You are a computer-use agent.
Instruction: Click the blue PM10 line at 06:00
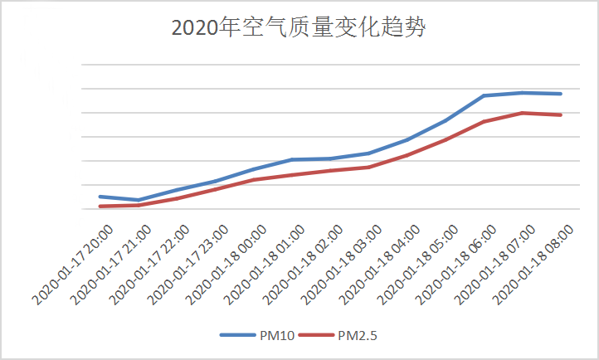point(485,95)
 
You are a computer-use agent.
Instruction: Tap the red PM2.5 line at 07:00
point(523,113)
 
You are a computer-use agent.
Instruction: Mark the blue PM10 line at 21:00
point(139,200)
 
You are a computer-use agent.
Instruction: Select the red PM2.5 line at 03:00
point(369,167)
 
